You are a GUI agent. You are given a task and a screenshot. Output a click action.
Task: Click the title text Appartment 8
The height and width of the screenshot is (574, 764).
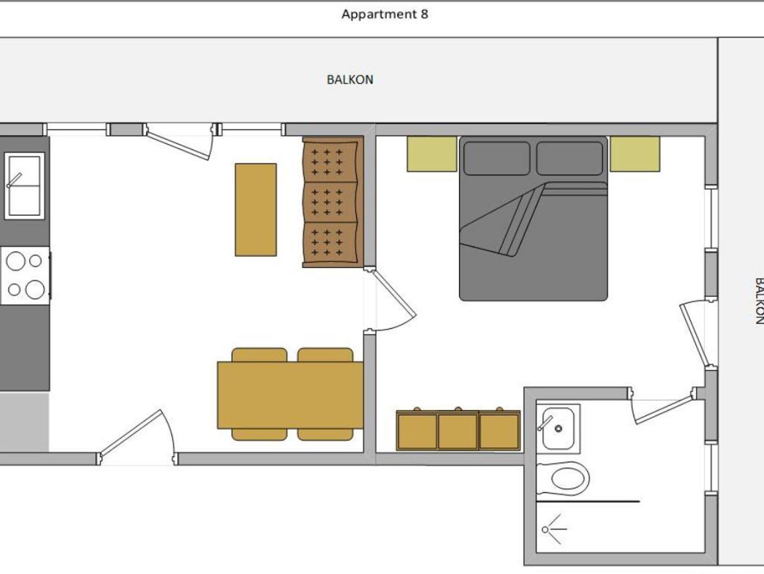click(385, 14)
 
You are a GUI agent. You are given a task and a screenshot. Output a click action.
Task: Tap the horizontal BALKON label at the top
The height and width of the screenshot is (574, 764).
click(350, 79)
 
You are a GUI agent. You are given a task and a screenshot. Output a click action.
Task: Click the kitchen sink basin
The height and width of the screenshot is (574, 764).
click(24, 185)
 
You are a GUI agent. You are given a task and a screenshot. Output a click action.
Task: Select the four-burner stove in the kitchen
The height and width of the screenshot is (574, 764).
click(25, 275)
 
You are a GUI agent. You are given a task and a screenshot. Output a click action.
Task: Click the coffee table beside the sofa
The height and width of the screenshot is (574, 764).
click(256, 210)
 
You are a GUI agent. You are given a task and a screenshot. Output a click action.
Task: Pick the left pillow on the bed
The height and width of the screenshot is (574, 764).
click(497, 158)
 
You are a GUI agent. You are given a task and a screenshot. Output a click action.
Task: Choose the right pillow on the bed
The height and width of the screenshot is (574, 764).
click(569, 158)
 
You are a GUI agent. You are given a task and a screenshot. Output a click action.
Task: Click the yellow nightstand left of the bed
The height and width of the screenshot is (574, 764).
click(432, 154)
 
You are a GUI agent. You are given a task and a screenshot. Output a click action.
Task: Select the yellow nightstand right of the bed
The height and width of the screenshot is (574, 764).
click(635, 154)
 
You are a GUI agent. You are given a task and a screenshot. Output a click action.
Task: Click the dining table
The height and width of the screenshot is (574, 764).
click(290, 395)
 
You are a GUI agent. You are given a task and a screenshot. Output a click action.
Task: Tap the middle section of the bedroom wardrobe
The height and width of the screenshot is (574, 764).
click(458, 431)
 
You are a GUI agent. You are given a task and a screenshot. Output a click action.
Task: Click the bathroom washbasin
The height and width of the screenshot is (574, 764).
click(558, 428)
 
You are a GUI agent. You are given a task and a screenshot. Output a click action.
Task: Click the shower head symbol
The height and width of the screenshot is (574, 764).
click(546, 529)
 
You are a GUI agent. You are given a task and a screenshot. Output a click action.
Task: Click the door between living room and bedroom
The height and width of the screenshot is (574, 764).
click(394, 295)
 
